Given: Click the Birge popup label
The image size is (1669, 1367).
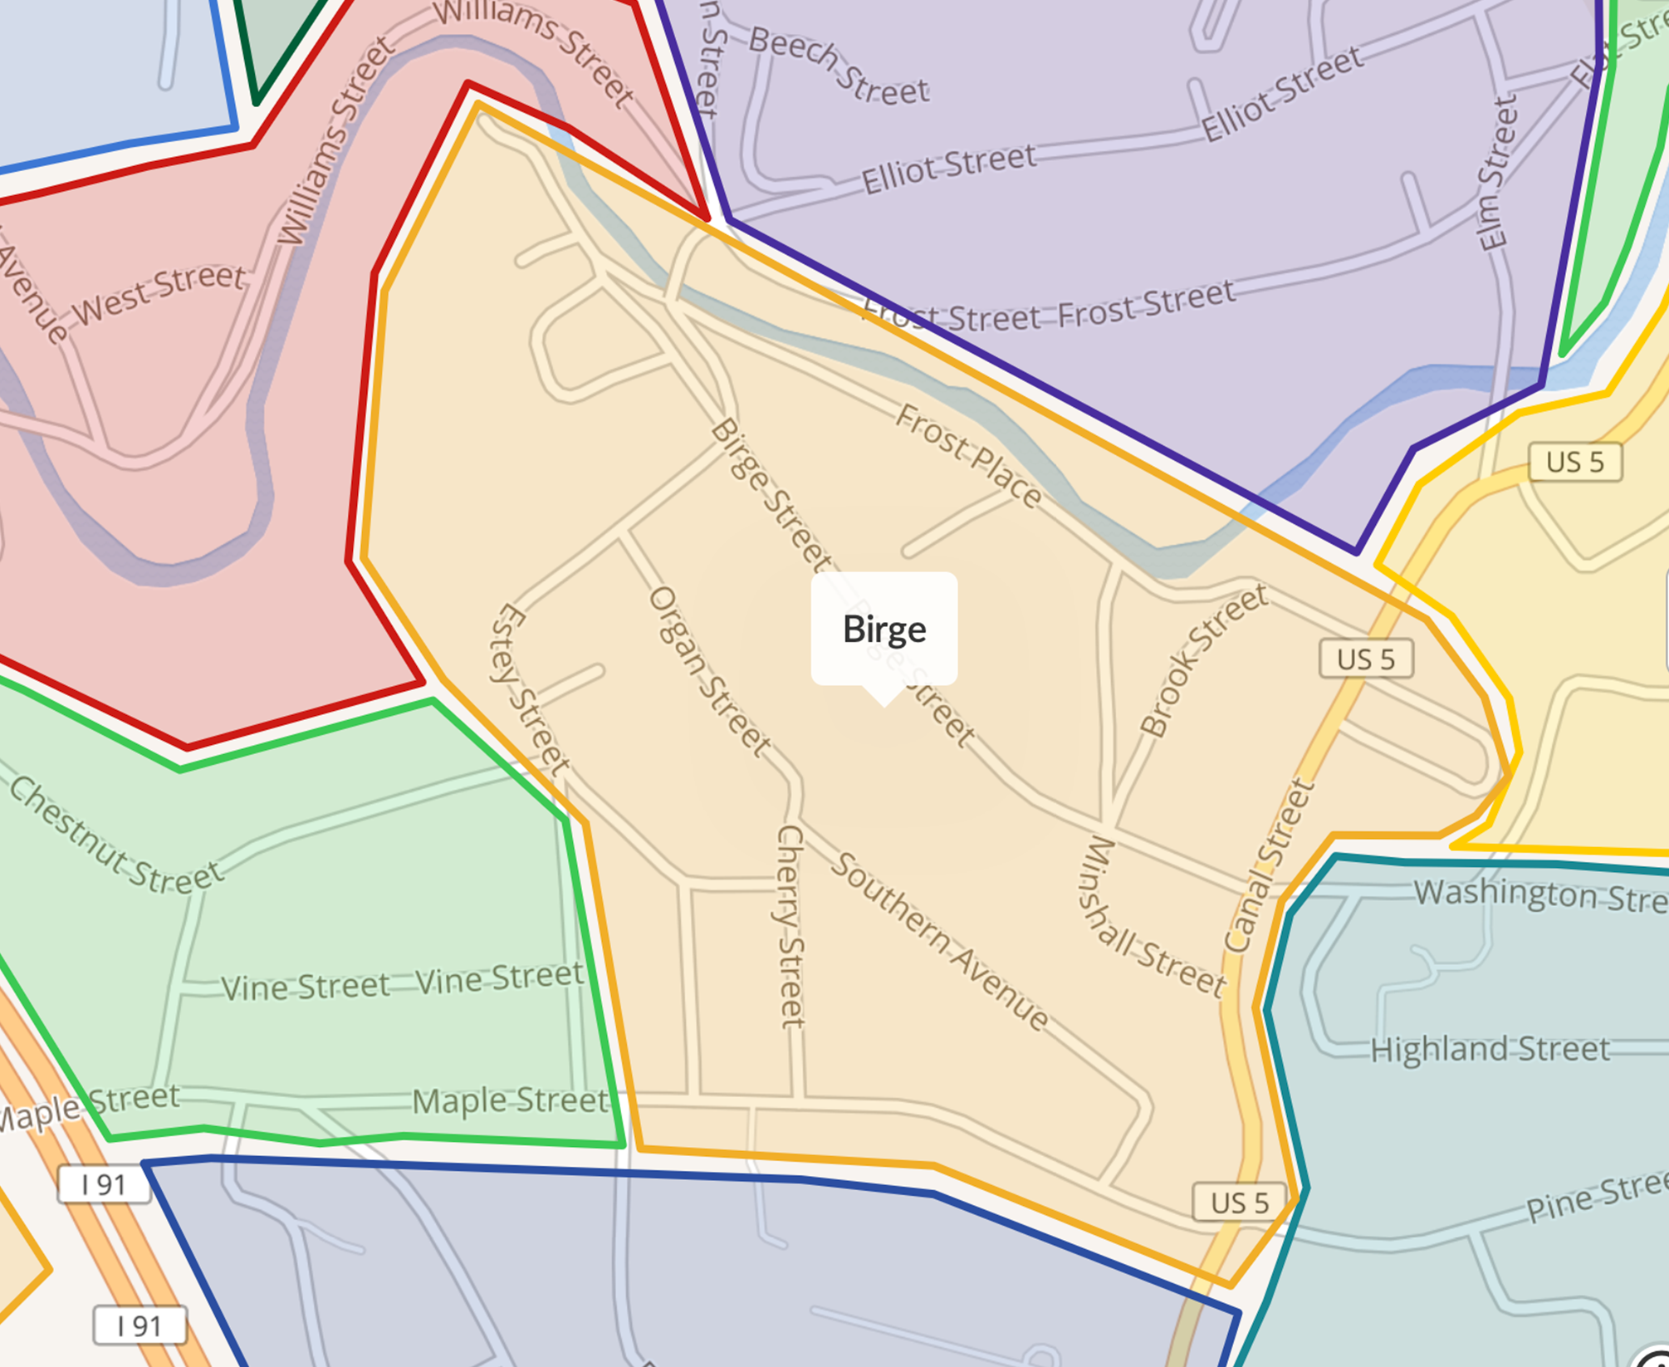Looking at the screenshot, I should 883,629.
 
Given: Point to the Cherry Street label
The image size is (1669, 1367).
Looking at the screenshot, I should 790,926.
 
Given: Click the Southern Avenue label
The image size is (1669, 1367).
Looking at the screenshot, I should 940,942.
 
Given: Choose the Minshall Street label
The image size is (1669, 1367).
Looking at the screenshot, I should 1151,918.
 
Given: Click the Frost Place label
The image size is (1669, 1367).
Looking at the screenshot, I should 967,455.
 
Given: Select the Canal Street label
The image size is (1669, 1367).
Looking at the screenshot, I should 1269,866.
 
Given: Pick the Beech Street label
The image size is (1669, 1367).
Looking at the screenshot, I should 839,66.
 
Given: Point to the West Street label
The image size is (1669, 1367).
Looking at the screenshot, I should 159,294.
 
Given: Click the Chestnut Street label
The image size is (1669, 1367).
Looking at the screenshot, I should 115,836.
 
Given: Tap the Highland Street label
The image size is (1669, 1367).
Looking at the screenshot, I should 1489,1049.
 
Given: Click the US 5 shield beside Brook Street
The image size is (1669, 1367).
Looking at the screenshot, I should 1366,659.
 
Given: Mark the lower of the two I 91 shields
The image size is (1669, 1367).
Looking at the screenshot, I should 139,1325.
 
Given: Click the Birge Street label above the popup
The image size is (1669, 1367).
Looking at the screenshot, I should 770,496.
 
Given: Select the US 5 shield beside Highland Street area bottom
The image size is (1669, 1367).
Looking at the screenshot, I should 1239,1202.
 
